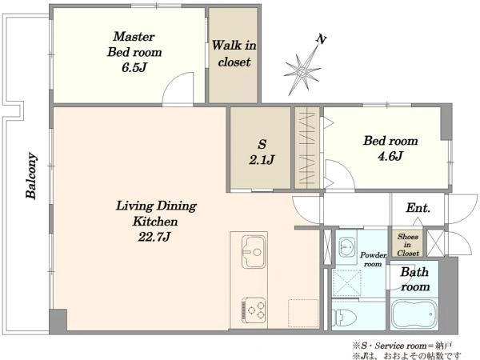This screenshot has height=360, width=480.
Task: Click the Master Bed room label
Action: [134, 44]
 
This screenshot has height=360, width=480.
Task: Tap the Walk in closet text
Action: [234, 54]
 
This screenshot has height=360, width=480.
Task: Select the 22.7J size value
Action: [154, 237]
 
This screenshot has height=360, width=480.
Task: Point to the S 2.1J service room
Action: [260, 148]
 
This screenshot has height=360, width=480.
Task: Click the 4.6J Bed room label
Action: [390, 149]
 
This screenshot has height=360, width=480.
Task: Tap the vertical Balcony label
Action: [31, 175]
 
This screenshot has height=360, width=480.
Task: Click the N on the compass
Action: [321, 39]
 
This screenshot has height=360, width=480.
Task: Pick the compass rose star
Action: [302, 72]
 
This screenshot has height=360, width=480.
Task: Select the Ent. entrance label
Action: [418, 208]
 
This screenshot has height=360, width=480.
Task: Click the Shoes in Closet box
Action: [407, 244]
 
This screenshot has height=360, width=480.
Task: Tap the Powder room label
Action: [373, 259]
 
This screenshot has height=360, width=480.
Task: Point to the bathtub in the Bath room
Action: [414, 314]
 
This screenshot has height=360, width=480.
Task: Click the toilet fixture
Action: [344, 317]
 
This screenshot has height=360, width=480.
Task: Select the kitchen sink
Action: [253, 252]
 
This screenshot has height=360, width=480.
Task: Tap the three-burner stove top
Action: [254, 310]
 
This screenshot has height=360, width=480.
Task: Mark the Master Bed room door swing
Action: [178, 89]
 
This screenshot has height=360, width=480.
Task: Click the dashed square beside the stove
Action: [302, 313]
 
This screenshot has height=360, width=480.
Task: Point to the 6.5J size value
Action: [134, 68]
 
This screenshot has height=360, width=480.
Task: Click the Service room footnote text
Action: [402, 346]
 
